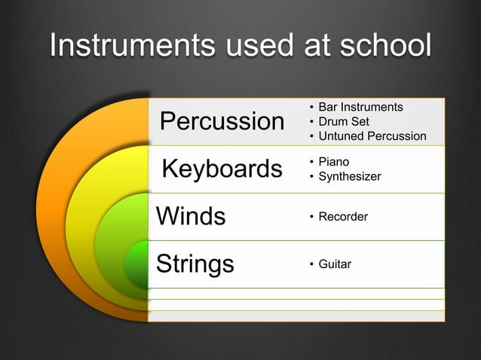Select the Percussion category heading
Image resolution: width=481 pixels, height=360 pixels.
pyautogui.click(x=222, y=121)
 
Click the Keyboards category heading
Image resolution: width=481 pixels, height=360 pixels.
pyautogui.click(x=222, y=169)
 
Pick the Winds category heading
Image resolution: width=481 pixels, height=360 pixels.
pyautogui.click(x=191, y=216)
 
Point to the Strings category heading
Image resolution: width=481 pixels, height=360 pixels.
pyautogui.click(x=195, y=264)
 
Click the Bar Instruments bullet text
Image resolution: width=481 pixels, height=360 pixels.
pyautogui.click(x=360, y=107)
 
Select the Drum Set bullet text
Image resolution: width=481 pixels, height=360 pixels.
pyautogui.click(x=344, y=121)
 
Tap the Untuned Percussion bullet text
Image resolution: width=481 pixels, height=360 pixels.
pyautogui.click(x=372, y=136)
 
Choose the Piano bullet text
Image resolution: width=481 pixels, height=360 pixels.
pyautogui.click(x=333, y=162)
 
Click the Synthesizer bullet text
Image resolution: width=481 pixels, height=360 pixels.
pyautogui.click(x=350, y=176)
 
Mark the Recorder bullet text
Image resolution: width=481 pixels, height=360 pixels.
pyautogui.click(x=343, y=217)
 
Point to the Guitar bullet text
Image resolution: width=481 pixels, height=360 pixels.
pyautogui.click(x=335, y=264)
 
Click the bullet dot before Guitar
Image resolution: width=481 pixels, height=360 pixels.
pyautogui.click(x=311, y=265)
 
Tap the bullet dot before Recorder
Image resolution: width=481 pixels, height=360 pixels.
pyautogui.click(x=311, y=218)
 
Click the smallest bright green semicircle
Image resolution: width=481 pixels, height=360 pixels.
pyautogui.click(x=137, y=265)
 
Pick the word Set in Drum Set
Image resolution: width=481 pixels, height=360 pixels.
pyautogui.click(x=360, y=121)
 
